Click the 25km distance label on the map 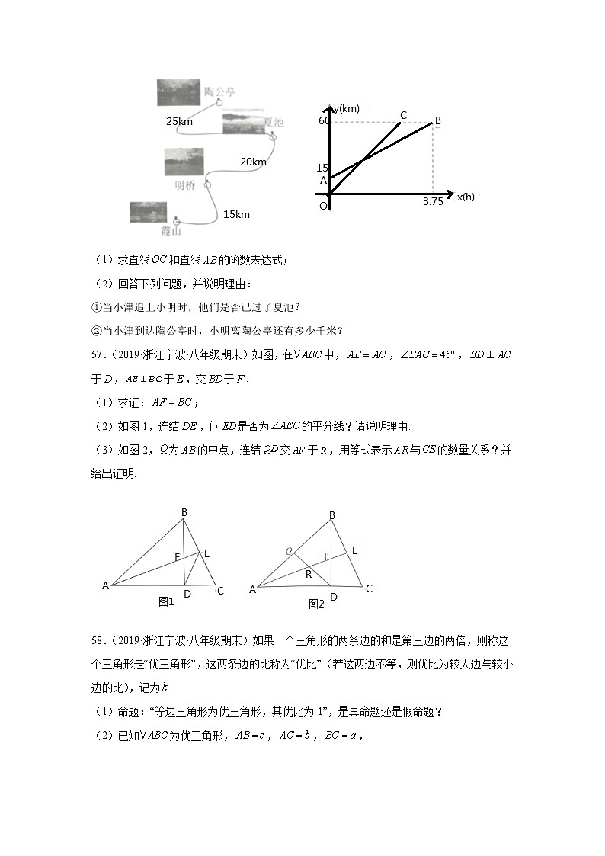179,121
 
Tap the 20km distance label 253,162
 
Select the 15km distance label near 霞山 236,214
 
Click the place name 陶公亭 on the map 219,92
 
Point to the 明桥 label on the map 185,184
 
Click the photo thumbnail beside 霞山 148,212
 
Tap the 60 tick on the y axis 325,120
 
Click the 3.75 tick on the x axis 433,202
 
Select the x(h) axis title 466,197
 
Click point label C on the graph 403,115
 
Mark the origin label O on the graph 323,206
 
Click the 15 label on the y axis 323,168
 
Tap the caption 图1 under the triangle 166,601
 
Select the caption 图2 316,604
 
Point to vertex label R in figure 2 309,575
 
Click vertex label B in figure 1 184,512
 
